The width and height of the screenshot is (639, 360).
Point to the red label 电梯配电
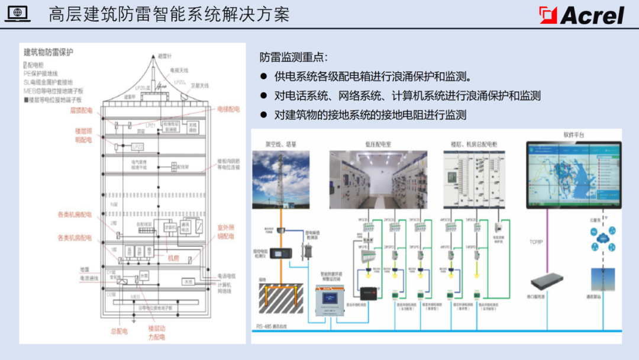click(228, 110)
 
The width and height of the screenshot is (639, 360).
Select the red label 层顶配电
click(82, 111)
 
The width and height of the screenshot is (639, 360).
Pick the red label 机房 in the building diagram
click(173, 258)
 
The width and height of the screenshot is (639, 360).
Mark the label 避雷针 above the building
click(164, 56)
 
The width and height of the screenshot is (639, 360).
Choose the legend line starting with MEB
click(53, 91)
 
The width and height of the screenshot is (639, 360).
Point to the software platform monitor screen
click(574, 174)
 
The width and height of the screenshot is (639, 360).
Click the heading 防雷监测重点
click(293, 57)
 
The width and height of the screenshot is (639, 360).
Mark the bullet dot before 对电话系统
click(264, 96)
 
